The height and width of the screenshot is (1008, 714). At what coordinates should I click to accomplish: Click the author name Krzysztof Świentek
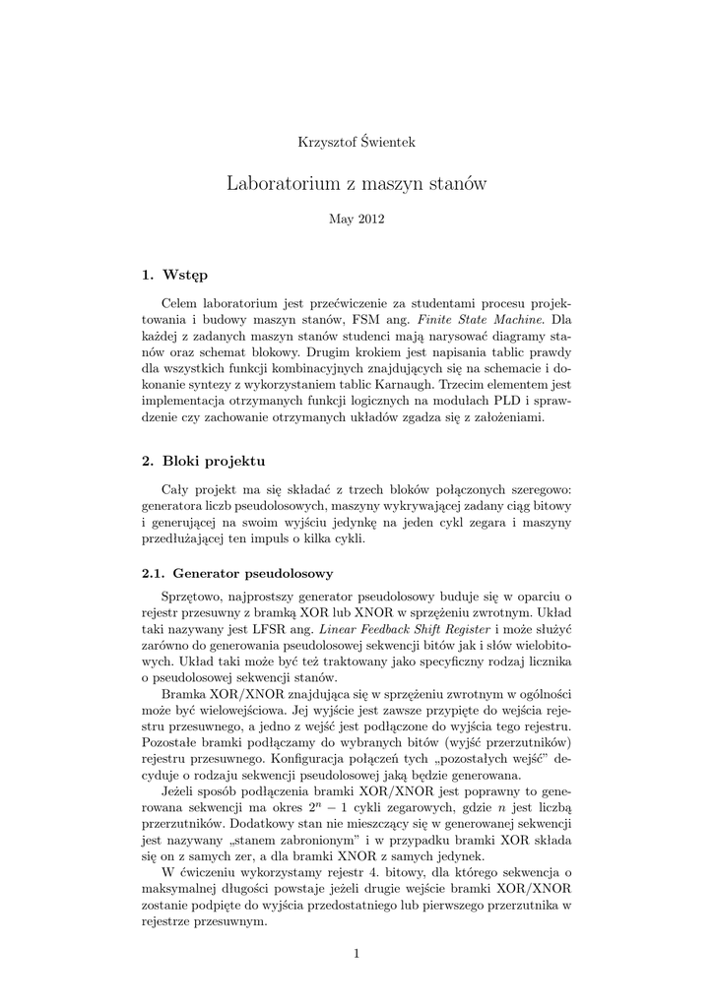point(357,142)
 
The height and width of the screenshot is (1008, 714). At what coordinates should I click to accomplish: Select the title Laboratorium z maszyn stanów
point(357,183)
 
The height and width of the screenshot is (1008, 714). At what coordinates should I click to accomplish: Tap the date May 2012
point(357,219)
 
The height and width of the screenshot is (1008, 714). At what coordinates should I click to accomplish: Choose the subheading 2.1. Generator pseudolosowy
point(237,572)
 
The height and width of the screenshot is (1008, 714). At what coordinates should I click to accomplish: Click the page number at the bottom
point(357,953)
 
